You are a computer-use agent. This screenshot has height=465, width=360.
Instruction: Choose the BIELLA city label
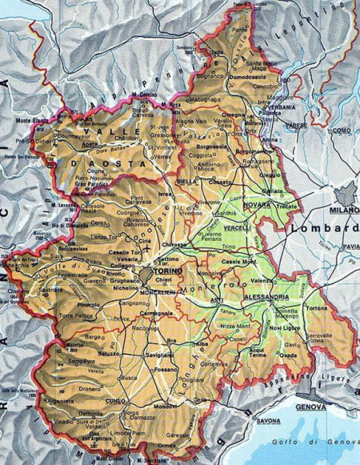(x=186, y=182)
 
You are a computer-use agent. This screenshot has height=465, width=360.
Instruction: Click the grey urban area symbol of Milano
(x=349, y=192)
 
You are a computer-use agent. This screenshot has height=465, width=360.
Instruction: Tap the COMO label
(x=343, y=130)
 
